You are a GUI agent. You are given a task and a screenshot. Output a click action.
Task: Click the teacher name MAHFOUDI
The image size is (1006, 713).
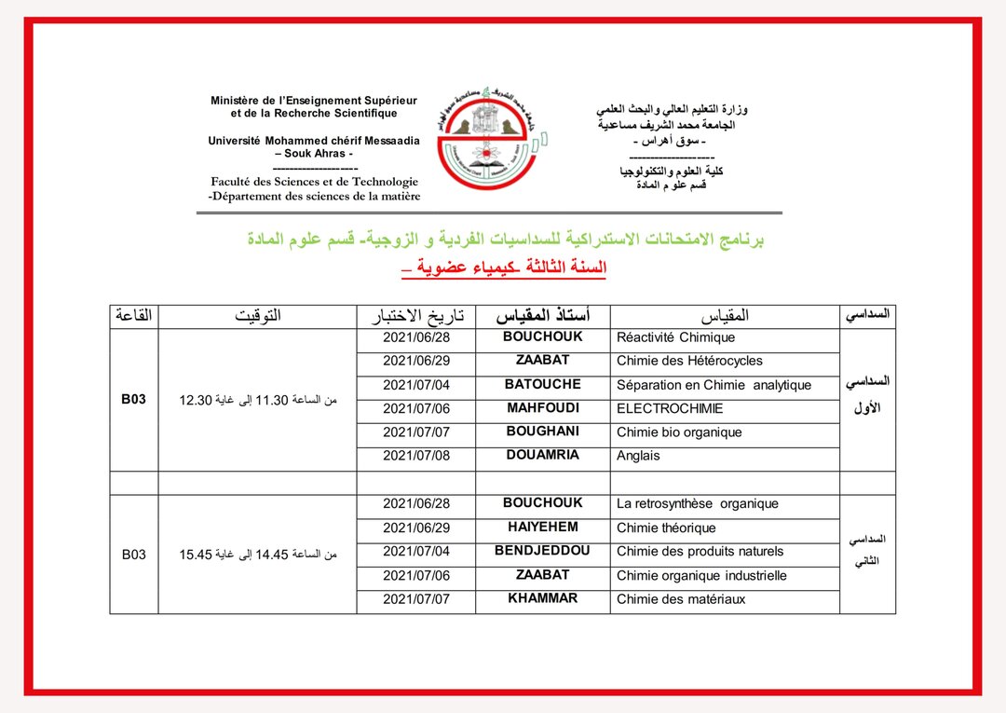(543, 408)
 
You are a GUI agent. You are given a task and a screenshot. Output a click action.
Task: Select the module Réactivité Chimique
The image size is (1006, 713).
(675, 337)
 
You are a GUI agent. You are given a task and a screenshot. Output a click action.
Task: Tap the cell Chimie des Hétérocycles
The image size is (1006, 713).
(689, 361)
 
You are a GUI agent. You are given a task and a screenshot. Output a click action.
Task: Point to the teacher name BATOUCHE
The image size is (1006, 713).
(543, 384)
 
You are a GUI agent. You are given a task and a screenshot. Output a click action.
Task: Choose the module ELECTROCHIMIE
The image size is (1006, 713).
(669, 408)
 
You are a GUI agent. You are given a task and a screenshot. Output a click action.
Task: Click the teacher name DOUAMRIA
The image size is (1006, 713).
(543, 455)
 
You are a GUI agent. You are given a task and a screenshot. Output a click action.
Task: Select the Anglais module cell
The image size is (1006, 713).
(638, 456)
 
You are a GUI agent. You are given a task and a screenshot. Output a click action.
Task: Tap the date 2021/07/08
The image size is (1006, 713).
(415, 456)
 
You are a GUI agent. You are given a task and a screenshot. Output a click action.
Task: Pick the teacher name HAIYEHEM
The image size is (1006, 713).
(543, 527)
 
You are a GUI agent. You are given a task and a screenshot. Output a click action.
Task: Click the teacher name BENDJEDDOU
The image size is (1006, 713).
(543, 550)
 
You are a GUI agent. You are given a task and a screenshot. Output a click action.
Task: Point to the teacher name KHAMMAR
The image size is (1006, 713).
(543, 598)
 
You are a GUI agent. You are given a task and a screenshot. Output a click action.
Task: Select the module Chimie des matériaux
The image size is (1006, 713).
(681, 599)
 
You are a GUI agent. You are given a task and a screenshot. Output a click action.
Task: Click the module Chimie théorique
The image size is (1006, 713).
(666, 528)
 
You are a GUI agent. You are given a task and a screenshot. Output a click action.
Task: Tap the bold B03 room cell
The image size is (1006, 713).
(134, 400)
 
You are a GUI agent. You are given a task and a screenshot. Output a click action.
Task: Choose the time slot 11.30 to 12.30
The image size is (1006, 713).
(257, 401)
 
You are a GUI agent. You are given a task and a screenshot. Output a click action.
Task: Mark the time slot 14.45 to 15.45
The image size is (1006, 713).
(257, 555)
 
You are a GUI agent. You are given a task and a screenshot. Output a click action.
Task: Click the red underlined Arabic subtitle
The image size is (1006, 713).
(503, 268)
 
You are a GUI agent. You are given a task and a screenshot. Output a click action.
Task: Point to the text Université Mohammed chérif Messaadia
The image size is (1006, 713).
(314, 141)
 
